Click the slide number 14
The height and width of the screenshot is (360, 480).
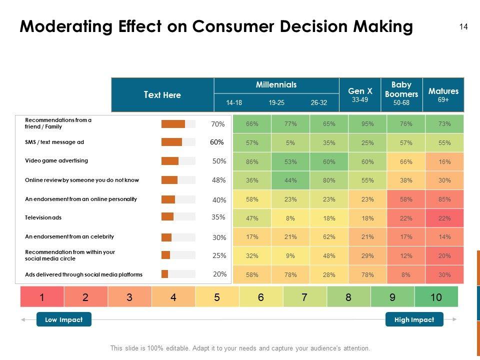pos(463,27)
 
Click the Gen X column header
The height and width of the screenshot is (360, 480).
pos(360,94)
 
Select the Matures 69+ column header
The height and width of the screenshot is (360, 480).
pos(443,94)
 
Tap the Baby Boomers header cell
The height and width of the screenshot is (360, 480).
pos(401,94)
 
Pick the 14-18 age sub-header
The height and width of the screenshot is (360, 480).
pos(234,103)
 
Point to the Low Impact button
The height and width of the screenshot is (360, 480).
pos(64,319)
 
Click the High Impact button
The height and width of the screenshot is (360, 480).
pos(414,319)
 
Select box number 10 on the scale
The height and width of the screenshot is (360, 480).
pos(436,297)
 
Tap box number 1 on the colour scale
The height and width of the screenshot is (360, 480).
pos(42,297)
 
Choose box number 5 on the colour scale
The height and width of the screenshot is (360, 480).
pos(217,297)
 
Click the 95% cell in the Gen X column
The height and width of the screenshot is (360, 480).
pos(367,124)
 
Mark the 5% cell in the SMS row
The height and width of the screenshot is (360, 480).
pos(290,143)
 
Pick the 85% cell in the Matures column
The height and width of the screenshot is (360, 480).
pos(444,199)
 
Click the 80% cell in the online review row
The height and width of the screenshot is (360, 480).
pos(329,180)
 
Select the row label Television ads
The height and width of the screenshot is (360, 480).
pos(43,218)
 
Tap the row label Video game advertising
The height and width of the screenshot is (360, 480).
pos(56,160)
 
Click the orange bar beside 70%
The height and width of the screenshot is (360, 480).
pos(173,124)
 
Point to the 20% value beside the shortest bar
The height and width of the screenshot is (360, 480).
pos(219,274)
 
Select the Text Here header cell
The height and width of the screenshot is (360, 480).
pos(162,94)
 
